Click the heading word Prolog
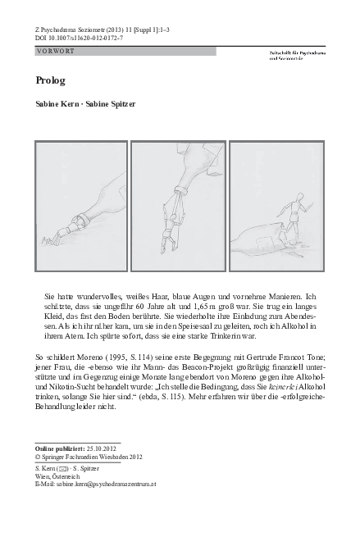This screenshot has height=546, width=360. tap(52, 82)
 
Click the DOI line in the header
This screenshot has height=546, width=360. tap(79, 38)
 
